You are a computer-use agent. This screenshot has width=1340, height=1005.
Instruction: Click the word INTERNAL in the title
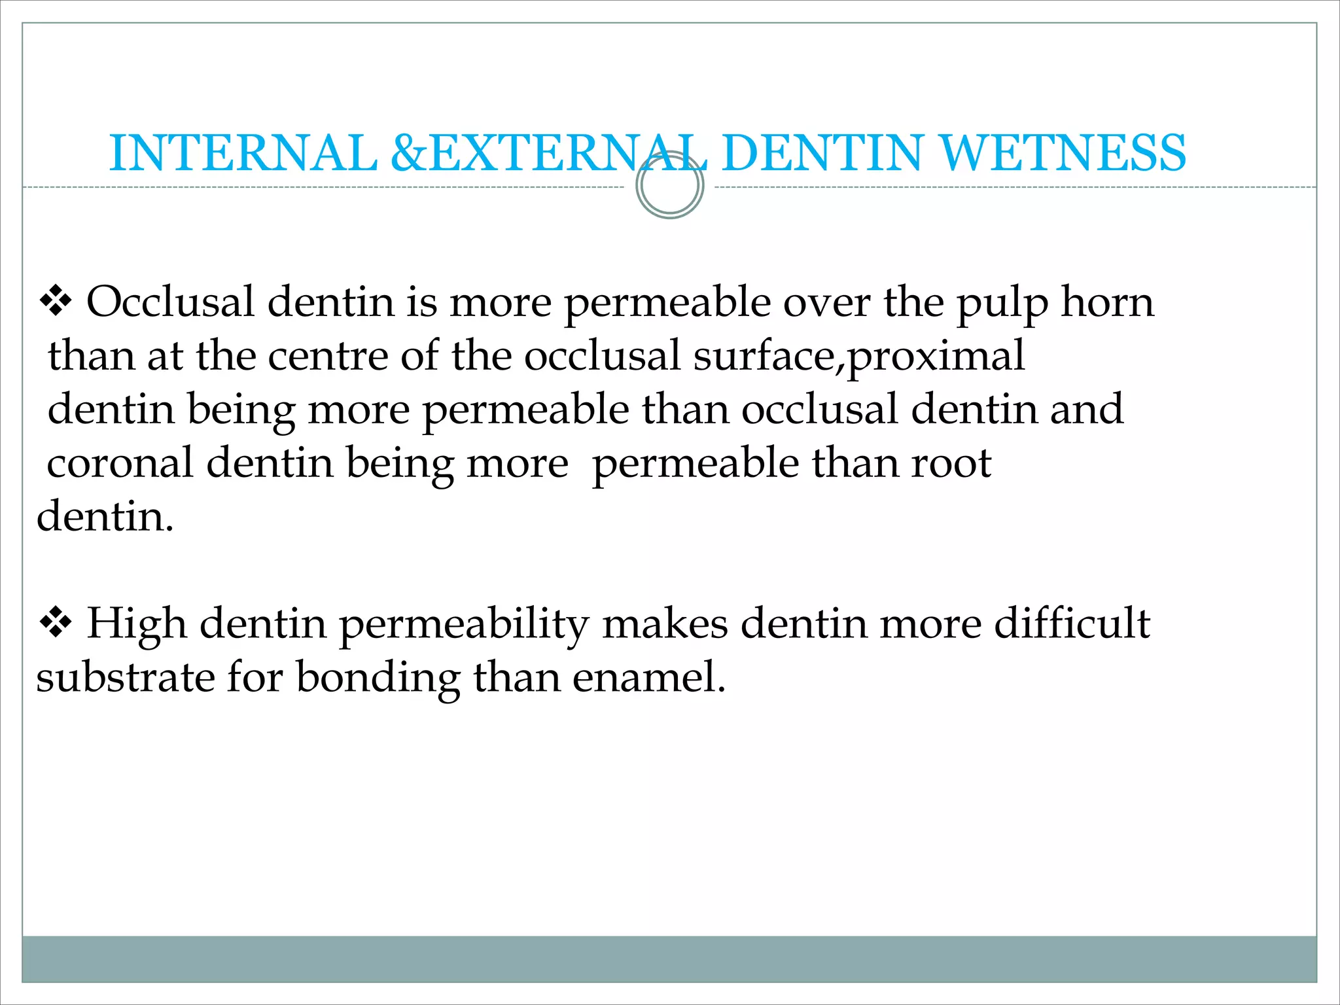pos(243,153)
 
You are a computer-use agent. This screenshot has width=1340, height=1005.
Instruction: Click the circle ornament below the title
pos(669,186)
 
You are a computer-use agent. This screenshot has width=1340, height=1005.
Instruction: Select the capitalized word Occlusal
pos(170,302)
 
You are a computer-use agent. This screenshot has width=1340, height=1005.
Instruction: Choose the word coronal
pos(120,463)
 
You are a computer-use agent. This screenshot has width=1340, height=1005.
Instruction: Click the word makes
pos(665,623)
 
